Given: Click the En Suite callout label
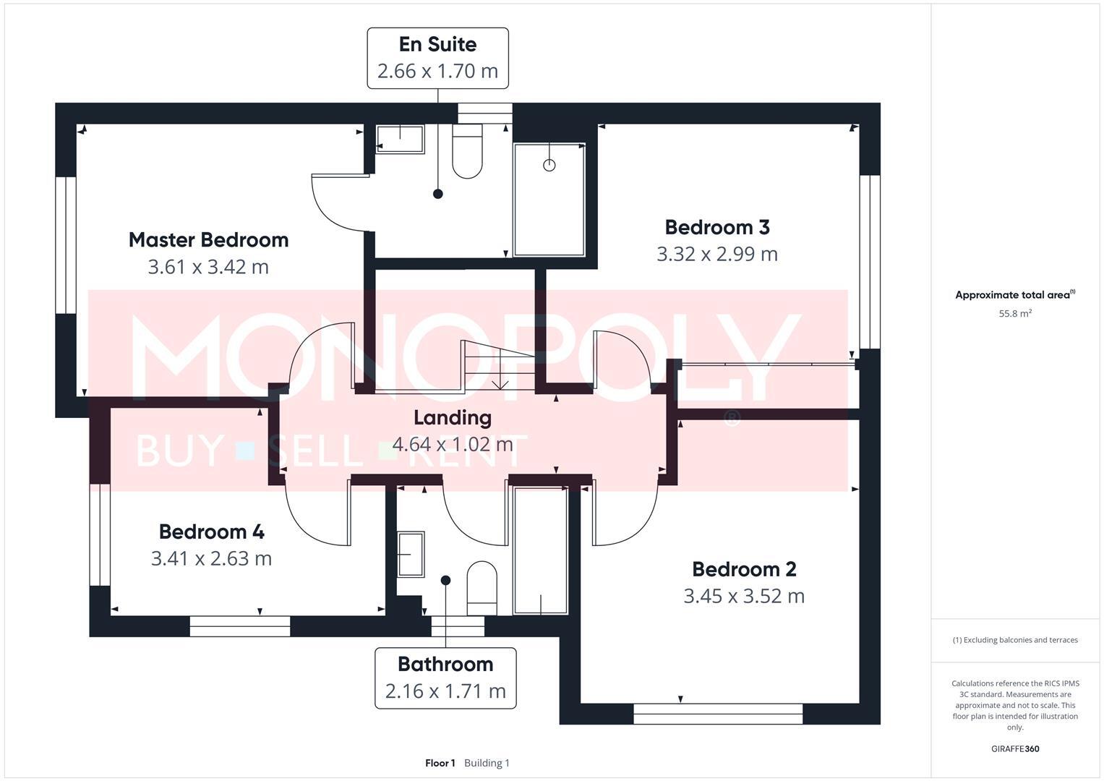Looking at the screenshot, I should (437, 45).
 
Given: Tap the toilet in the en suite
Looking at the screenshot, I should (467, 153).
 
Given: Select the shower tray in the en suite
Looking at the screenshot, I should (549, 199).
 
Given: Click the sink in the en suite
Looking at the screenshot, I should (400, 139).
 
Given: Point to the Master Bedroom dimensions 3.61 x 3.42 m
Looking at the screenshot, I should (208, 267).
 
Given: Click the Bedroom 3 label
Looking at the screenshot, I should (716, 227).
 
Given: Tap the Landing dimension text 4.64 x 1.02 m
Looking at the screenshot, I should (452, 444).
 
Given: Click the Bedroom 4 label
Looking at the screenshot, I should (211, 532).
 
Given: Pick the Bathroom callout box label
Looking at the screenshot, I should (445, 664).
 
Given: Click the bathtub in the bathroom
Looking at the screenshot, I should (541, 551).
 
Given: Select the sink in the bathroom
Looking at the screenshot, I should (411, 554).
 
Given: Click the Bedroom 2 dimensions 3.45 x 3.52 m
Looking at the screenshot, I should (744, 596).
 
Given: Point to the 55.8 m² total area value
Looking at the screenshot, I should (1014, 314).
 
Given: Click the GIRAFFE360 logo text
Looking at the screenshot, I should (1014, 749).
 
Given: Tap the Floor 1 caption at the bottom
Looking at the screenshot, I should (440, 763).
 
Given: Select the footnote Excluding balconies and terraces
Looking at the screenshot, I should (1015, 640).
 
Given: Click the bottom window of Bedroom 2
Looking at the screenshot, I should (718, 714).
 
